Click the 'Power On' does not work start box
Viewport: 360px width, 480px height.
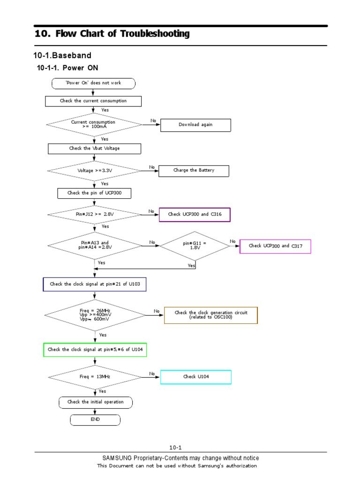point(93,83)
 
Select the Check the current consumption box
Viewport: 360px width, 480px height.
point(93,101)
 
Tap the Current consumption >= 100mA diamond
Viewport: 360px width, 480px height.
point(94,124)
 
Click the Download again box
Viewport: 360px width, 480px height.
point(195,125)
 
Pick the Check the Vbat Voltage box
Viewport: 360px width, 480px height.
point(94,149)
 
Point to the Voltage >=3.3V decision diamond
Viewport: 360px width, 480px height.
point(94,171)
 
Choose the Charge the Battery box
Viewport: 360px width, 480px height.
point(194,171)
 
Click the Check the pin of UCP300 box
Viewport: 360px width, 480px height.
point(94,193)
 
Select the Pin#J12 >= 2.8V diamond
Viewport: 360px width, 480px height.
point(94,215)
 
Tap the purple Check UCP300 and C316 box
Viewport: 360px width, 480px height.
point(195,214)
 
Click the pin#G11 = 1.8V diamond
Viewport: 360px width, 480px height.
point(195,246)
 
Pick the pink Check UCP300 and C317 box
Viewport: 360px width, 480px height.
point(275,246)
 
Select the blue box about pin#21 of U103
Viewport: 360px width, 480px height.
point(94,284)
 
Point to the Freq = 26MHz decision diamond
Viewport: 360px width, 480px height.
point(95,315)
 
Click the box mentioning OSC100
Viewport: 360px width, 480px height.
point(210,315)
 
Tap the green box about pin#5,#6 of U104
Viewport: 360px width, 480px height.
point(95,350)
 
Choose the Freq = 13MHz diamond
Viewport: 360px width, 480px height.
point(95,376)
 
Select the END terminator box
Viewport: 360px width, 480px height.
point(95,420)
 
